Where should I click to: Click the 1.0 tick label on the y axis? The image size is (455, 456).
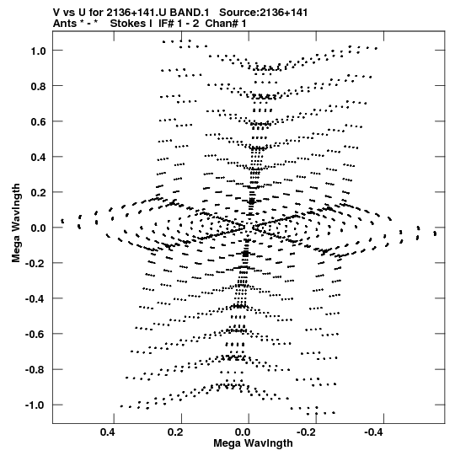point(39,51)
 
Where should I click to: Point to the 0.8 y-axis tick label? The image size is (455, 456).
point(39,86)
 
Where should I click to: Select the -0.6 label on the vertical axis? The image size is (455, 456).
point(35,334)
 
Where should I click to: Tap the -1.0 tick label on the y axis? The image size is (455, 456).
point(35,405)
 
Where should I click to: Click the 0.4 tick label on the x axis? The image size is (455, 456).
point(108,432)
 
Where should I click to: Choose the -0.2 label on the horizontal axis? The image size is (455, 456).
point(307,432)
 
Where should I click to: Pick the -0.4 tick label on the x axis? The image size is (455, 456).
point(374,432)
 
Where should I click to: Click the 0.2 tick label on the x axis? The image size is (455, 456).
point(175,432)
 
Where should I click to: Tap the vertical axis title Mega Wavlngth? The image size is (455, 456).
point(16,223)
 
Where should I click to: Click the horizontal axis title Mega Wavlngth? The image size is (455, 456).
point(253,443)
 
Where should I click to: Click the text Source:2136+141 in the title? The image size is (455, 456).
point(264,13)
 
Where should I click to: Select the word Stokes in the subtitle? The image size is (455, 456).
point(127,24)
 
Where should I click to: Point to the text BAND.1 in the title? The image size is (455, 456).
point(190,13)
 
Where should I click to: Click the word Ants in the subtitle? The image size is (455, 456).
point(64,24)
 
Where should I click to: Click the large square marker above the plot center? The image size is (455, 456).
point(252,201)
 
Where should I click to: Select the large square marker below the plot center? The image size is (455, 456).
point(246,254)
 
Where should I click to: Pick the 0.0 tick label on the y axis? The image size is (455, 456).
point(39,228)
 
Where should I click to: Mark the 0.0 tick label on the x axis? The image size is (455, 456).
point(243,432)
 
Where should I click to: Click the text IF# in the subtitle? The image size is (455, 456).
point(166,24)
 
